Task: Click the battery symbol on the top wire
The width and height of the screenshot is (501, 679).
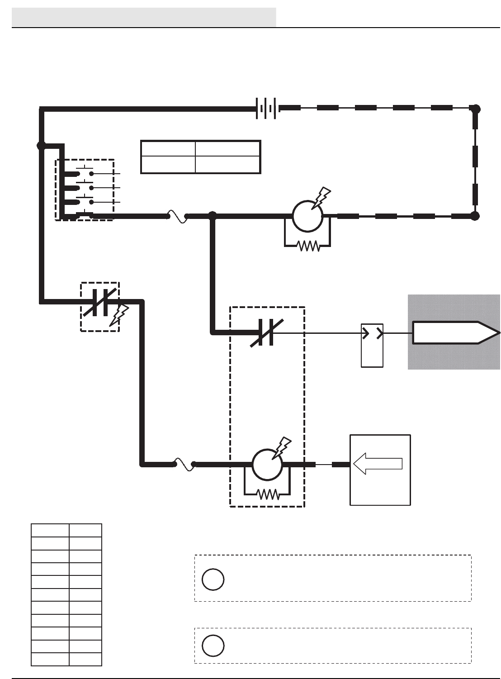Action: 267,109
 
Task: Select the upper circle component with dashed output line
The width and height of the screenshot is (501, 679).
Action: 307,216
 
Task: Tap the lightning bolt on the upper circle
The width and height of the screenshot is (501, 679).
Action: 321,198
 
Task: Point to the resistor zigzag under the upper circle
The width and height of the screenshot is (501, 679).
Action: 308,246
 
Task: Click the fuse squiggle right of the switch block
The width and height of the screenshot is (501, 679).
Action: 177,216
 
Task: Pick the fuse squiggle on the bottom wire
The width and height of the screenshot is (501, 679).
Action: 184,464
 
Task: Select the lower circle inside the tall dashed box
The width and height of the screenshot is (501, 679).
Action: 267,464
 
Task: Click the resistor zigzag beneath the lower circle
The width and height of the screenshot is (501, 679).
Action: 268,494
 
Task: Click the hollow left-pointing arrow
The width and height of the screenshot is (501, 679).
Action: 378,464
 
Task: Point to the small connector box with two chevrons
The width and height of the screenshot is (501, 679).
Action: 372,345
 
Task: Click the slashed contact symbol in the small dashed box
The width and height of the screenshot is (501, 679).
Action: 100,301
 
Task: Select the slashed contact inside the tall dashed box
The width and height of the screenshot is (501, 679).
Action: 266,333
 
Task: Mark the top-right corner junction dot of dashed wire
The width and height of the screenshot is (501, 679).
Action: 475,109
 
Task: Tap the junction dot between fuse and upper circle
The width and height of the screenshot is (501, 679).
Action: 213,216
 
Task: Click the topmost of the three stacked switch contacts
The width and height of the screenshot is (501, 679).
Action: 85,173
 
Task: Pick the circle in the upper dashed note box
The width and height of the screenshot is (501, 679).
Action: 213,579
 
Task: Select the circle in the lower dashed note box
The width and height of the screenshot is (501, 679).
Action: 213,646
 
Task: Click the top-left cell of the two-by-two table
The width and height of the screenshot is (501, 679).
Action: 168,149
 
